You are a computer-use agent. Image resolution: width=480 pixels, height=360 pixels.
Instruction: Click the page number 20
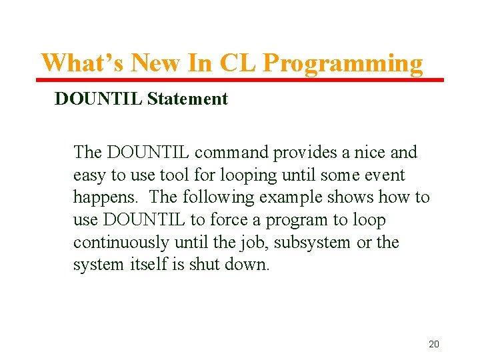(x=433, y=344)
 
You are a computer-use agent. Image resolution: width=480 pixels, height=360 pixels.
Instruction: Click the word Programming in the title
(x=343, y=63)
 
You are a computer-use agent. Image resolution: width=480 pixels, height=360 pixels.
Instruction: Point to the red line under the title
(x=240, y=80)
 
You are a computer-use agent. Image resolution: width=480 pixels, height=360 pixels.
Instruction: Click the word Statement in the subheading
(x=187, y=99)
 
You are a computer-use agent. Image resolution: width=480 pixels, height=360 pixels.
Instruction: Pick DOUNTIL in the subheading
(x=98, y=99)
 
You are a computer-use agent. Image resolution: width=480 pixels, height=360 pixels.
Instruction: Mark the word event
(x=382, y=175)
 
